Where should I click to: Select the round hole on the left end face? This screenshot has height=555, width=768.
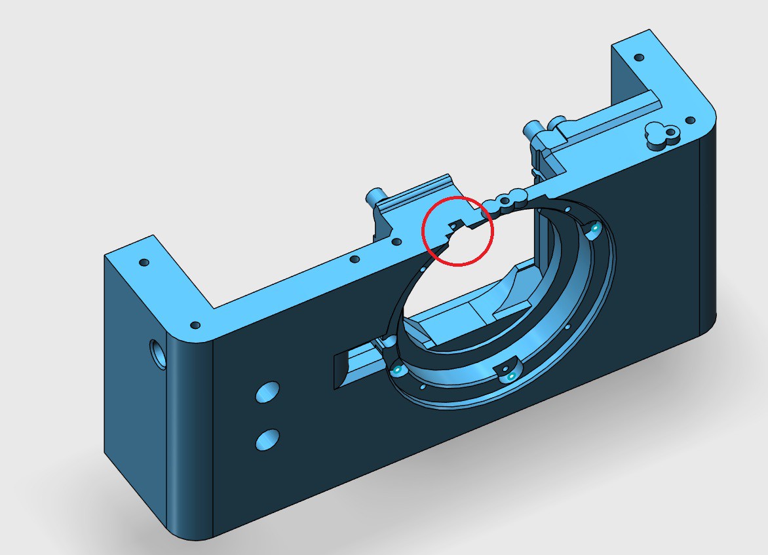(158, 354)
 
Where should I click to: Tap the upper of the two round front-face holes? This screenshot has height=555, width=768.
(267, 392)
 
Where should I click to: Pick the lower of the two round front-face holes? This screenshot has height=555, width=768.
(267, 439)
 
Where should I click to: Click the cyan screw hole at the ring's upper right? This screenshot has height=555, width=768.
(594, 230)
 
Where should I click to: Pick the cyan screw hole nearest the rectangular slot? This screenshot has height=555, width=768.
(397, 370)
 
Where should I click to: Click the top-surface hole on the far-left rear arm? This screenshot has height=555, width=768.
(144, 263)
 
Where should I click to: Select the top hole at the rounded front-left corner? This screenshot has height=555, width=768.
(195, 325)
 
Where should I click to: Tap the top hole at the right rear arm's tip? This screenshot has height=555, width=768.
(639, 58)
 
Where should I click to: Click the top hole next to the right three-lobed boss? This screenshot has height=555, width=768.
(689, 121)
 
